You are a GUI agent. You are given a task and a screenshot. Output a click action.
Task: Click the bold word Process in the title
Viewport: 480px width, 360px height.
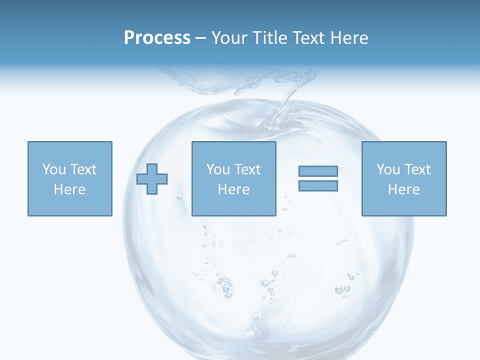tap(157, 38)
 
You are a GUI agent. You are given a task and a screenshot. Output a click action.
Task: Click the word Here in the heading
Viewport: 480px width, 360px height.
tap(348, 38)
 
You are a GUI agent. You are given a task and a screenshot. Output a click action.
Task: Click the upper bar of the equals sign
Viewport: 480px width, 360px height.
tap(318, 171)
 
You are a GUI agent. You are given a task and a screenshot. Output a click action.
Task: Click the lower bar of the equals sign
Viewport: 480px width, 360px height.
tap(318, 186)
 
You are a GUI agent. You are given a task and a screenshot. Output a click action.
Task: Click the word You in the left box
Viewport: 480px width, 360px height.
tap(54, 169)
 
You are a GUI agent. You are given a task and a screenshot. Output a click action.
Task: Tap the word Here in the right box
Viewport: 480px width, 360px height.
tap(404, 189)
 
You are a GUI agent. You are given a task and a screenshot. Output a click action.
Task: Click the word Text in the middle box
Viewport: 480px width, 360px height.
tap(247, 169)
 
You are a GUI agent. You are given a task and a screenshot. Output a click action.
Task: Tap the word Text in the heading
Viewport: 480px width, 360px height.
tap(308, 38)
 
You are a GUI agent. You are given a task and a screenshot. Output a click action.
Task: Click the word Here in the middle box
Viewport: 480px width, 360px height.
tap(233, 189)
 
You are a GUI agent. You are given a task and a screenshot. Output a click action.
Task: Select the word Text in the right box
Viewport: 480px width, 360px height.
tap(417, 169)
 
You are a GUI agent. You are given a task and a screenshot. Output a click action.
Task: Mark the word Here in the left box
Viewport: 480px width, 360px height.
tap(70, 189)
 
